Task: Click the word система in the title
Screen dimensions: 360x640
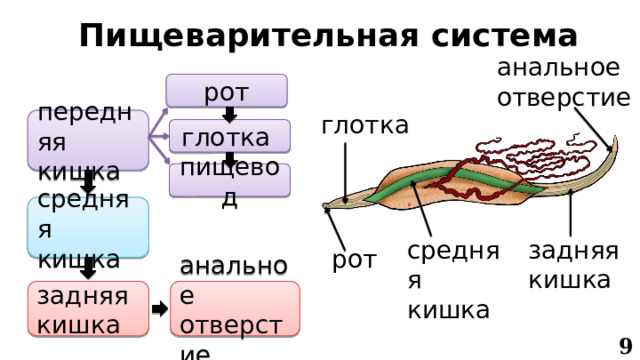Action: pyautogui.click(x=492, y=35)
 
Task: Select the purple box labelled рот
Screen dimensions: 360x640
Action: pyautogui.click(x=227, y=92)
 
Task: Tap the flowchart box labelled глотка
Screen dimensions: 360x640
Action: pyautogui.click(x=229, y=136)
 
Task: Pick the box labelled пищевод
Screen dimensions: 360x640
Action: pyautogui.click(x=229, y=179)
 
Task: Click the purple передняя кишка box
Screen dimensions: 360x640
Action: pyautogui.click(x=88, y=139)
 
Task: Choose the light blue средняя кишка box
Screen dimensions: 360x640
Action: pyautogui.click(x=88, y=227)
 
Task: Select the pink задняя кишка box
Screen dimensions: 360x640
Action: pyautogui.click(x=87, y=309)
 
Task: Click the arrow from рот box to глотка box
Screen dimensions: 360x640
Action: pyautogui.click(x=229, y=114)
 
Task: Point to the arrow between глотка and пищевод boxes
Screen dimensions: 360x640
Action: pyautogui.click(x=229, y=158)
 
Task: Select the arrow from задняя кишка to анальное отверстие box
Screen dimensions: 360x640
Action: pyautogui.click(x=160, y=309)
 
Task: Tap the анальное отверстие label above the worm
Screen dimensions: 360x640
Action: pyautogui.click(x=563, y=83)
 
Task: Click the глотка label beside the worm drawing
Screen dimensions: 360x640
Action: pyautogui.click(x=365, y=125)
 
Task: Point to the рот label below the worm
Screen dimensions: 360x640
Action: pyautogui.click(x=354, y=260)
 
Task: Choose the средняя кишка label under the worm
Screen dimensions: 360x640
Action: pyautogui.click(x=447, y=279)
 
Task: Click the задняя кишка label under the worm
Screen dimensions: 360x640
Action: pyautogui.click(x=572, y=265)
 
